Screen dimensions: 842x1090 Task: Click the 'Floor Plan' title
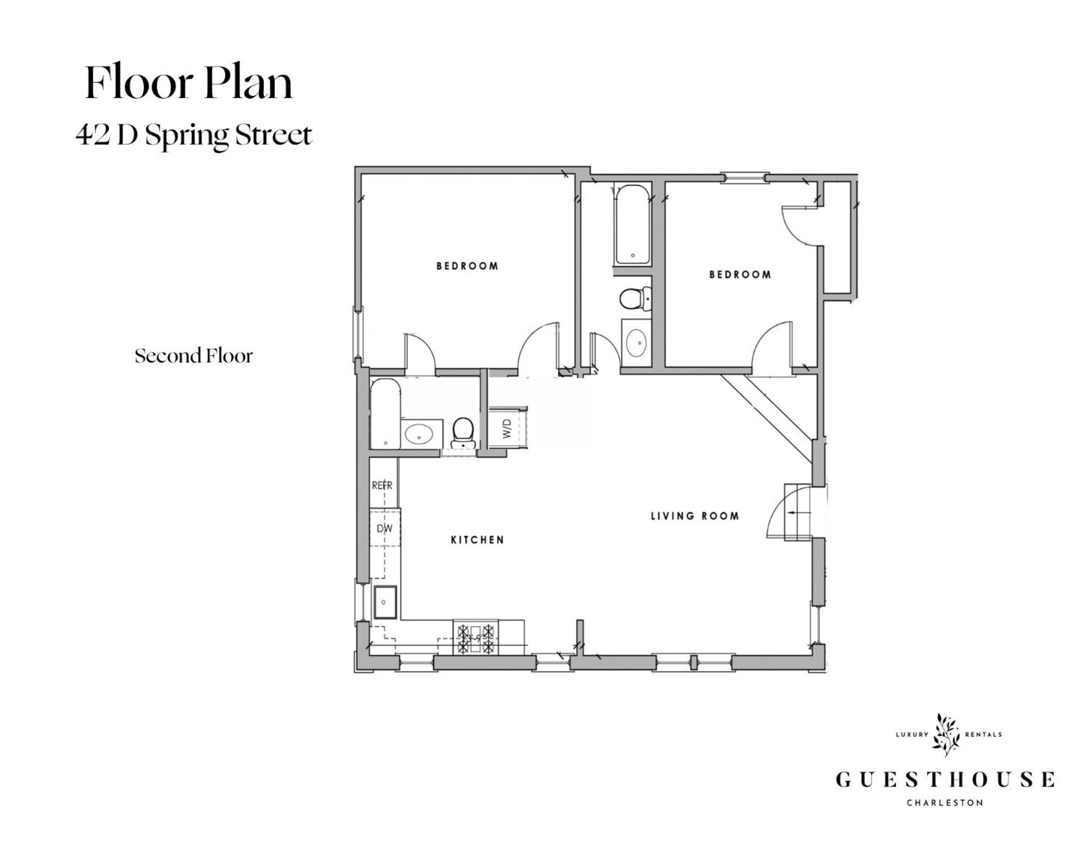pos(188,83)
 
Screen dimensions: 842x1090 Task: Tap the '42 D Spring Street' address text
pos(194,135)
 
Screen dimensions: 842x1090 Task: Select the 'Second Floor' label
pos(194,356)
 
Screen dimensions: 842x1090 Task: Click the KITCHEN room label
pos(477,540)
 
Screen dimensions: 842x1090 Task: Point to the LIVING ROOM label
pos(694,516)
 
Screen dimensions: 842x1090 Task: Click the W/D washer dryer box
pos(508,428)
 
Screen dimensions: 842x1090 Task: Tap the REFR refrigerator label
pos(382,486)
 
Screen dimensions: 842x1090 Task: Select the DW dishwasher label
pos(384,528)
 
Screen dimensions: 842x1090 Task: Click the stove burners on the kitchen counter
pos(476,637)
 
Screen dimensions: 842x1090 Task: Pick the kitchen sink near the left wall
pos(385,602)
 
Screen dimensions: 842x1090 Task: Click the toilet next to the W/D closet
pos(463,432)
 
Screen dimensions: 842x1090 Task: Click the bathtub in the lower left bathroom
pos(385,414)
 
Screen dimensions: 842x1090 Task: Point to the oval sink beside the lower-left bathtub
pos(420,435)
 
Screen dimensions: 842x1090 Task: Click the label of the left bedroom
pos(467,266)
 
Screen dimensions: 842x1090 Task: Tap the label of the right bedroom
pos(740,275)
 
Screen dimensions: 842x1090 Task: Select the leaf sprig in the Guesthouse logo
pos(946,734)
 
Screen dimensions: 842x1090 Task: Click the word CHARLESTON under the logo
pos(945,803)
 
